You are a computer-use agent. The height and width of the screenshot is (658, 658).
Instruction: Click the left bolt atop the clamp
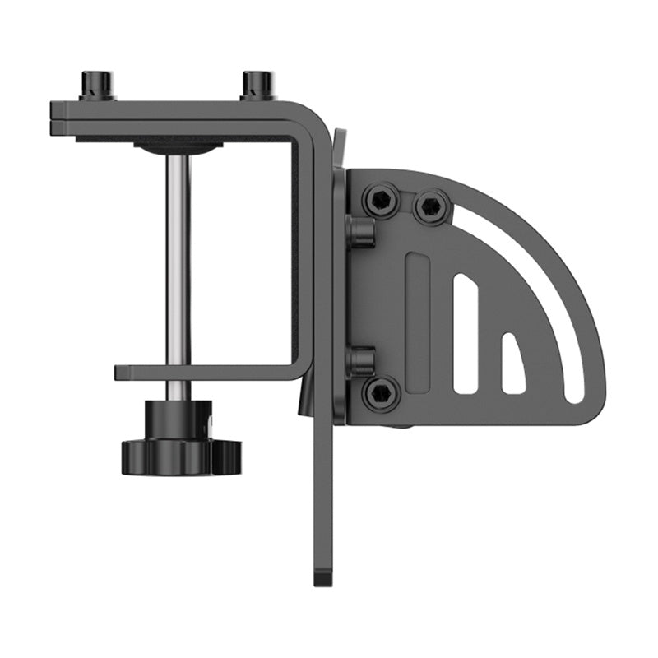click(96, 85)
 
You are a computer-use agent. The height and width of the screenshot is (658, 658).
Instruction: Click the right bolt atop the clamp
click(257, 84)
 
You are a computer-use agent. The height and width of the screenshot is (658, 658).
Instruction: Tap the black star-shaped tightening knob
click(181, 453)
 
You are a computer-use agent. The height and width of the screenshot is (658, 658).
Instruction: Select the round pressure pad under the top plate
click(178, 147)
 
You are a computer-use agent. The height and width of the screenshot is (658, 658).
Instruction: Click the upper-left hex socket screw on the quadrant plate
click(382, 200)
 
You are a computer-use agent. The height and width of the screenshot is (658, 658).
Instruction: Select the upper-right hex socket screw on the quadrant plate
click(432, 206)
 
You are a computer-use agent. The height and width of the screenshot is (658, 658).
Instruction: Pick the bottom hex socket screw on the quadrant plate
click(381, 393)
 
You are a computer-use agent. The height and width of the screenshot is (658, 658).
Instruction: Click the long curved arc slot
click(543, 280)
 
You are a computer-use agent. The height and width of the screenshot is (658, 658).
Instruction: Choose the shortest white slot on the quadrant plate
click(512, 362)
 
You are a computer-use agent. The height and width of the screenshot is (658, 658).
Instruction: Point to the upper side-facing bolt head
click(359, 231)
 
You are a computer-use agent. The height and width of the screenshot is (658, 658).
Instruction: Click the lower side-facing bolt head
click(359, 361)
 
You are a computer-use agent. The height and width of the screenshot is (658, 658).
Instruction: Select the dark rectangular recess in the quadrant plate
click(418, 322)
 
